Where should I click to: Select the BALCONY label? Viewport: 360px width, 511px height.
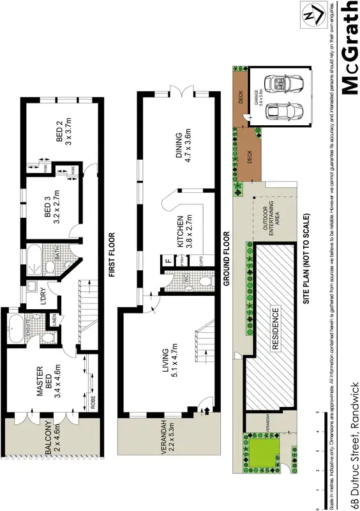click(x=54, y=439)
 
